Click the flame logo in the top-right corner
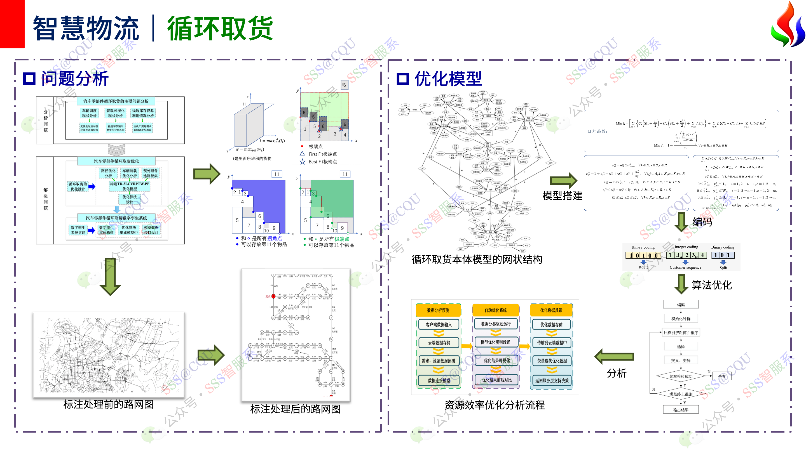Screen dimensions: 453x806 [x=787, y=24]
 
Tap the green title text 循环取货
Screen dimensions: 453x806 [x=220, y=29]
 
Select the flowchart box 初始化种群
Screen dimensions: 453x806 [x=681, y=318]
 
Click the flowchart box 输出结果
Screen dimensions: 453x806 [x=681, y=410]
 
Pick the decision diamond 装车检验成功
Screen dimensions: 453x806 [x=681, y=376]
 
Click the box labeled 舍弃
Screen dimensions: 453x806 [x=721, y=376]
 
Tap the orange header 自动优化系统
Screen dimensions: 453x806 [x=496, y=310]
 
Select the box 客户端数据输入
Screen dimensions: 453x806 [x=439, y=324]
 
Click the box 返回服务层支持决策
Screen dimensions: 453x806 [x=552, y=381]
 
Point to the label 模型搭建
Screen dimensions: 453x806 [x=562, y=196]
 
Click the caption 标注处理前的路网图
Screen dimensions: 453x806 [x=109, y=404]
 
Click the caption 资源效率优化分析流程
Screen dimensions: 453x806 [x=495, y=405]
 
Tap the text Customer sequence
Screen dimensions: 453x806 [x=685, y=267]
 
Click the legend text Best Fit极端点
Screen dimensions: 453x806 [x=323, y=162]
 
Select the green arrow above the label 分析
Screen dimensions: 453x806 [x=615, y=357]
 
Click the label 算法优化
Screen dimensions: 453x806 [x=712, y=285]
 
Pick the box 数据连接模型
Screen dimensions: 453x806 [x=439, y=381]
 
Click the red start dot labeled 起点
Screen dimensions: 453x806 [x=273, y=296]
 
